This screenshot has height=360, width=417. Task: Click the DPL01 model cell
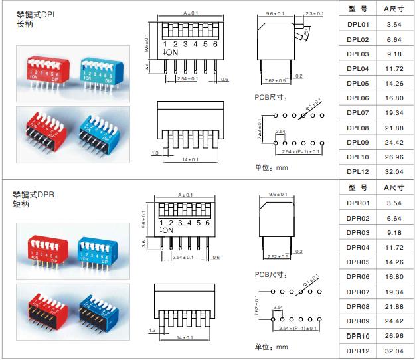tap(357, 24)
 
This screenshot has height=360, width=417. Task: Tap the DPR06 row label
tap(357, 276)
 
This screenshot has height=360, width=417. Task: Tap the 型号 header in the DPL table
tap(357, 9)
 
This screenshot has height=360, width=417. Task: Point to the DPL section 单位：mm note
tap(272, 167)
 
